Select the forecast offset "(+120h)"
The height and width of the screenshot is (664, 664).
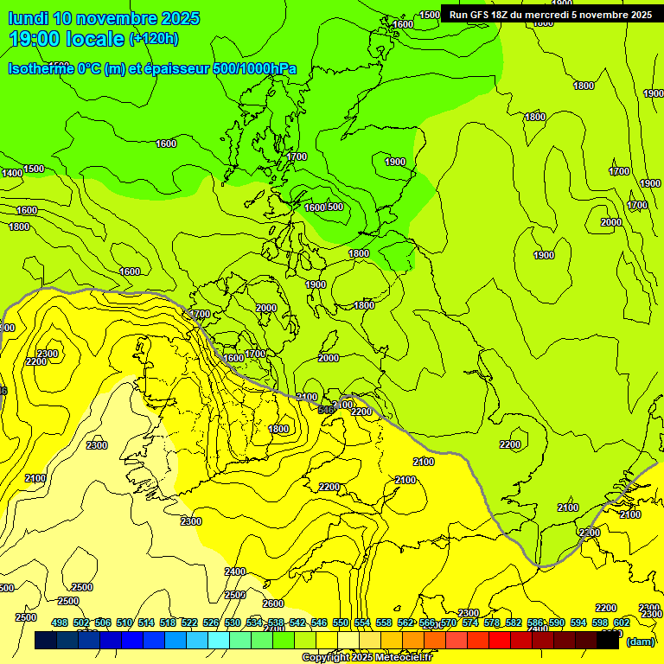pos(154,39)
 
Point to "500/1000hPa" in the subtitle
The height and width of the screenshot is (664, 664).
pos(259,68)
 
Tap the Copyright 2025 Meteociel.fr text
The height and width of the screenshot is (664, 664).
pos(367,657)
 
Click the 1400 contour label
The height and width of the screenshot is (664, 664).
pos(12,174)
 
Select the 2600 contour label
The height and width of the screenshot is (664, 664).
pos(273,603)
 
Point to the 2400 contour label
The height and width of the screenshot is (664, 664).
pos(235,571)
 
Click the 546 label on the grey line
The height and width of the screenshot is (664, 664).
pos(326,409)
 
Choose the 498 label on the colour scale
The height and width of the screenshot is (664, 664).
pos(60,622)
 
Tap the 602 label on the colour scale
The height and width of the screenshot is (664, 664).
pos(621,622)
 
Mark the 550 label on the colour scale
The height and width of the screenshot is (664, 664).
pos(340,622)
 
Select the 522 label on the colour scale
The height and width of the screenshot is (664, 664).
pos(189,622)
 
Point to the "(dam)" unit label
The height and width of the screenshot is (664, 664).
pos(640,641)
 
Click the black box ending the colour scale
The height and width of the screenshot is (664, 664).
pos(608,641)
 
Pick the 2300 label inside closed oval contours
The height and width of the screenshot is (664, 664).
pos(48,354)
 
